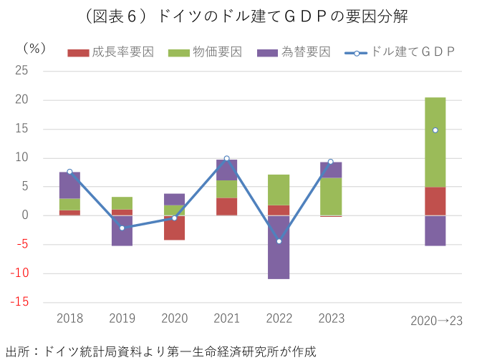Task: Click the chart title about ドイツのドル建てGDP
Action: pos(238,16)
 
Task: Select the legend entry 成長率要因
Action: pos(111,52)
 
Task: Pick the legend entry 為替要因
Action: pos(294,52)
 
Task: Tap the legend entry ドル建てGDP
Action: pos(401,52)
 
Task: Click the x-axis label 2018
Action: pos(69,318)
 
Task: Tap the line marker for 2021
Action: pos(226,158)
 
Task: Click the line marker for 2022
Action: pos(279,241)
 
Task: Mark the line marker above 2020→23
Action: pos(435,130)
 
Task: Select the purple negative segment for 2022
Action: pos(279,247)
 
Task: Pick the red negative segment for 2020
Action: pos(174,228)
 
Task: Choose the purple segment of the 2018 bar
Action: pos(69,185)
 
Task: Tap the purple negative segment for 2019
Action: pos(122,230)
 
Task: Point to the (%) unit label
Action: pos(34,49)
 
